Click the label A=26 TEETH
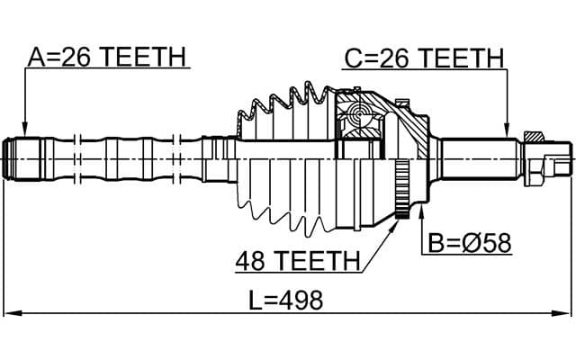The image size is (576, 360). coord(106,58)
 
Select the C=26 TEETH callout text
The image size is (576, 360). coord(424,59)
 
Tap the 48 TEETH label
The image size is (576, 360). coord(298,261)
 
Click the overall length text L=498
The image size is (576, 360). coord(285,300)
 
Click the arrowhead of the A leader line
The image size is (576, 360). coord(24,131)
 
